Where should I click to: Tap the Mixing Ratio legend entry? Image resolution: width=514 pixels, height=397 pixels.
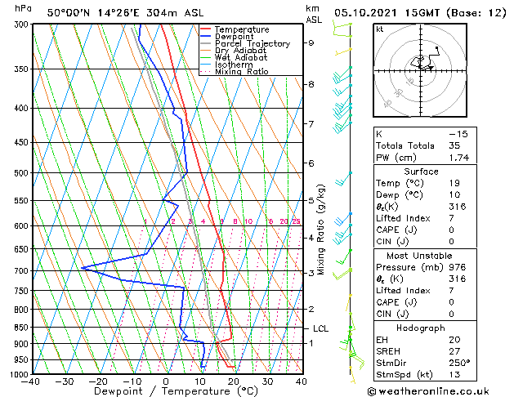[242, 72]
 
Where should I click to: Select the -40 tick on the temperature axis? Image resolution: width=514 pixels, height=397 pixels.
[32, 381]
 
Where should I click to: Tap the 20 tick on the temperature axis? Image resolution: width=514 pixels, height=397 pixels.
[233, 381]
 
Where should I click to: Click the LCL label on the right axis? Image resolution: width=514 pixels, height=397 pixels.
[321, 328]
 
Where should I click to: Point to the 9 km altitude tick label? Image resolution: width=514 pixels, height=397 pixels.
[311, 42]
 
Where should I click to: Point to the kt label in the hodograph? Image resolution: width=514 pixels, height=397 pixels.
[379, 29]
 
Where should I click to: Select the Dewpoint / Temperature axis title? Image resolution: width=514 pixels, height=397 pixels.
[166, 392]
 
